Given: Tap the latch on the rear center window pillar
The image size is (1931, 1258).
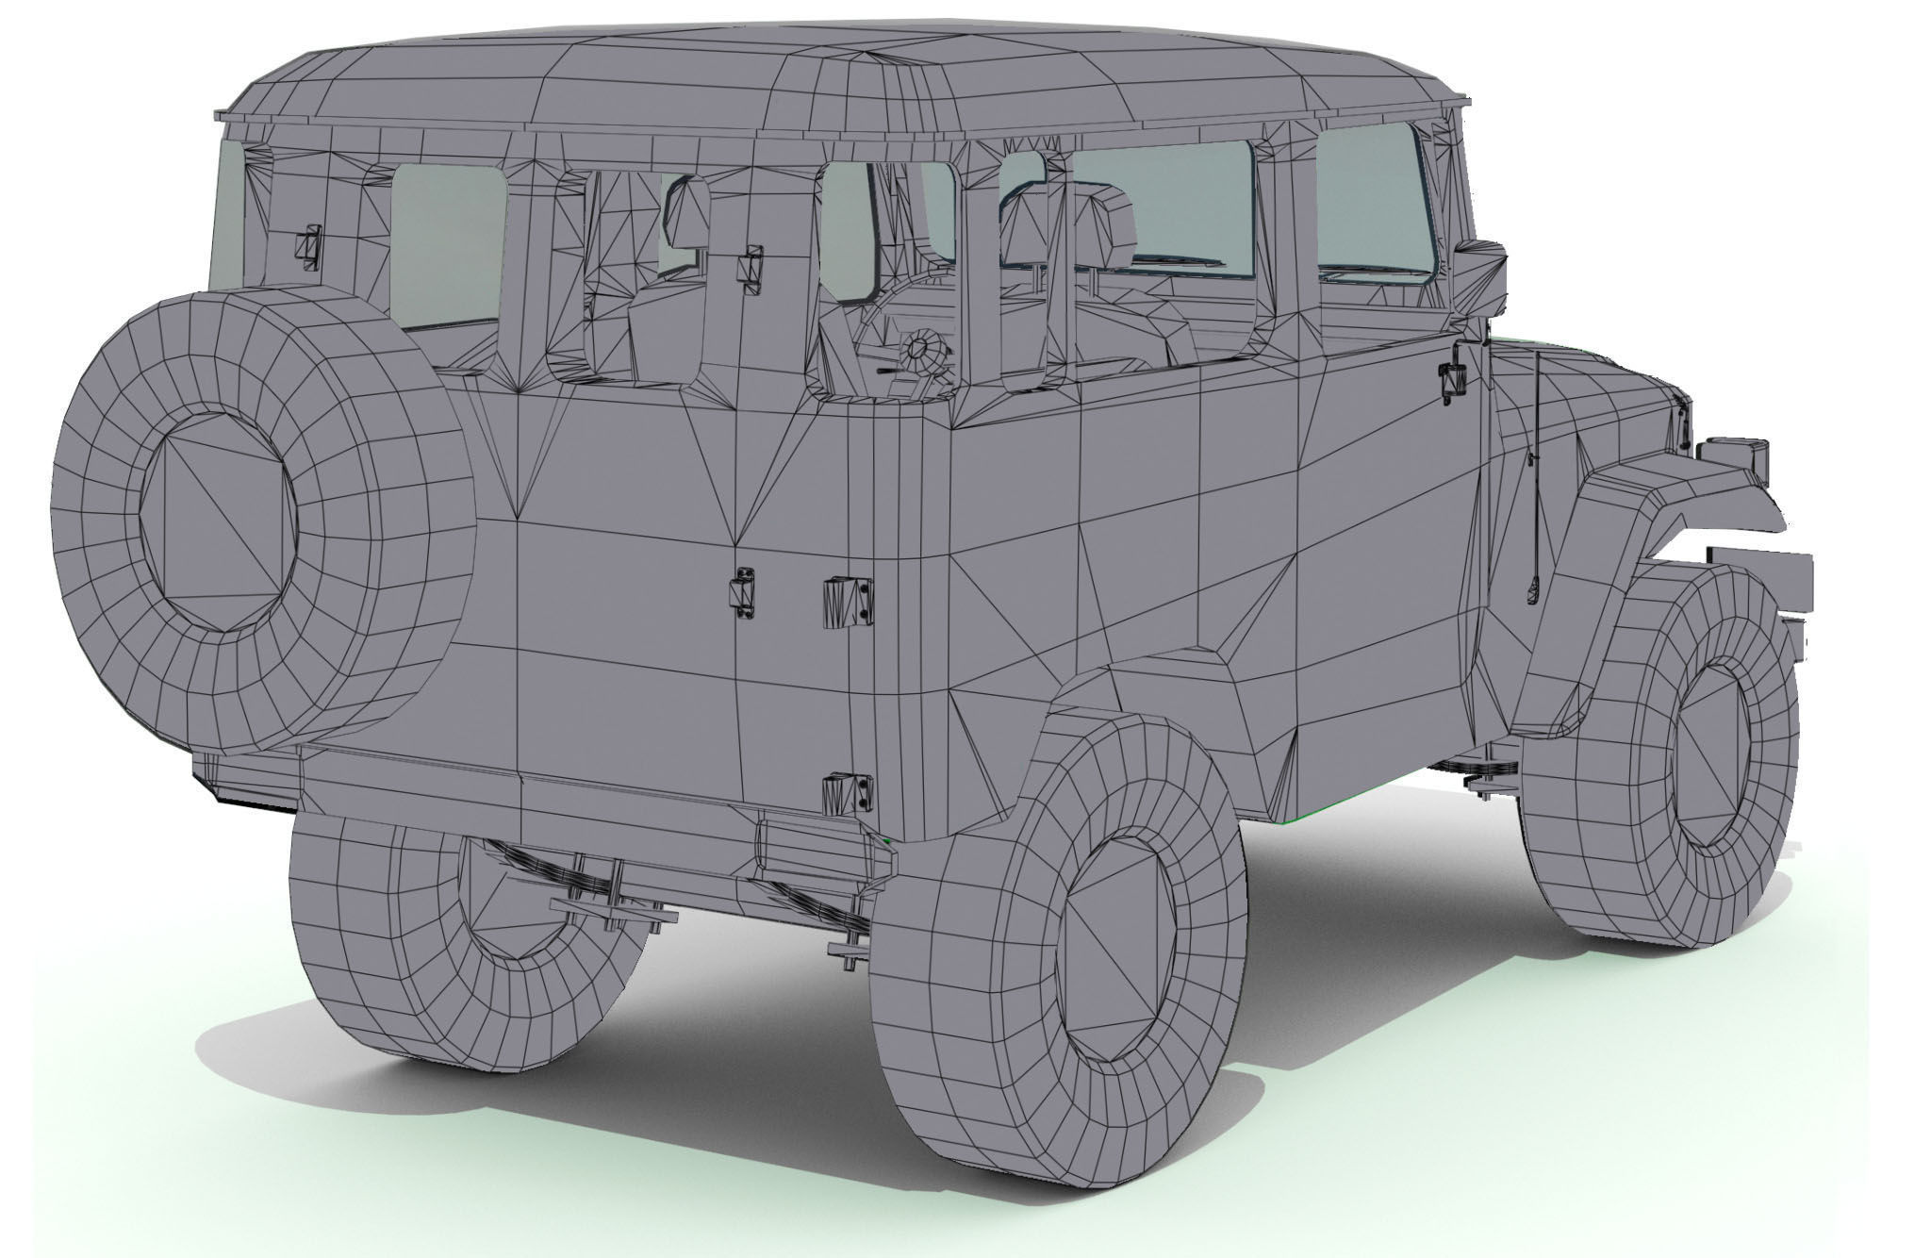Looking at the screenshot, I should [x=751, y=267].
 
